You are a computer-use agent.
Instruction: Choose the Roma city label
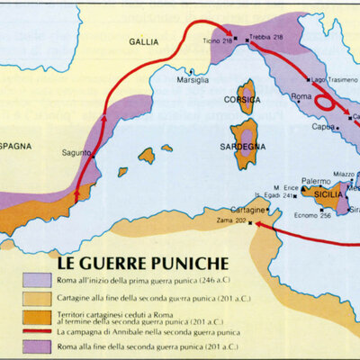point(301,95)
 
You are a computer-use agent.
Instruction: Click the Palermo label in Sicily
point(316,181)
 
